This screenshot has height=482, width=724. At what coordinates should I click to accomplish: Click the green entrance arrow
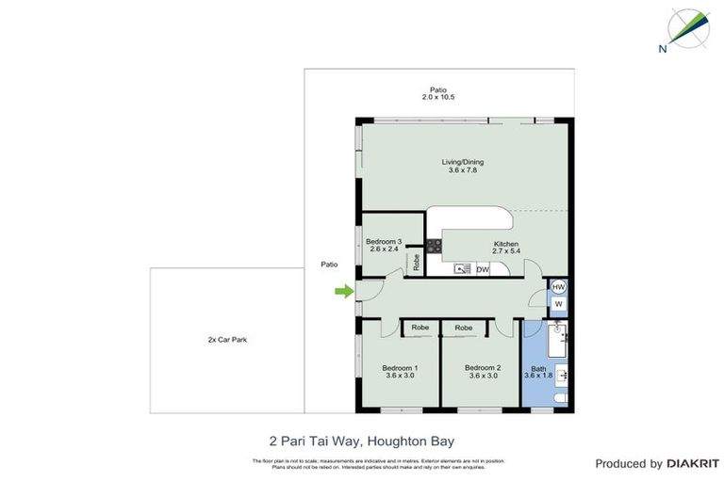(x=344, y=292)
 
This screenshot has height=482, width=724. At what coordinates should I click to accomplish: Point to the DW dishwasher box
(x=482, y=269)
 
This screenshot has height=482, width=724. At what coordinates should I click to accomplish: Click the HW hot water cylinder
(x=558, y=287)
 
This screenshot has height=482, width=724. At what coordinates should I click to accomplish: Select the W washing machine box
(x=558, y=305)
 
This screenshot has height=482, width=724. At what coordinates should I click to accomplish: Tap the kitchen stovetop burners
(x=434, y=247)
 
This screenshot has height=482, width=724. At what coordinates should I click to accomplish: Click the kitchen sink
(x=462, y=269)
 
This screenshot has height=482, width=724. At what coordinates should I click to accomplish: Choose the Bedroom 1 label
(x=400, y=371)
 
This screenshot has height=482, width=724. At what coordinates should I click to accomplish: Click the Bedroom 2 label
(x=483, y=371)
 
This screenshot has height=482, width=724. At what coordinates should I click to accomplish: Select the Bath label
(x=538, y=372)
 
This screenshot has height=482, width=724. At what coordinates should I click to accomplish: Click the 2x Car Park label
(x=227, y=339)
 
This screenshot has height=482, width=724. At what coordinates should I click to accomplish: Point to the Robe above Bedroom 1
(x=420, y=328)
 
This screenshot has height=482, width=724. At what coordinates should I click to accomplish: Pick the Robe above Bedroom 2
(x=464, y=328)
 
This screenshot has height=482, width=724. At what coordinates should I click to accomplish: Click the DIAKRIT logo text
(x=693, y=463)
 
